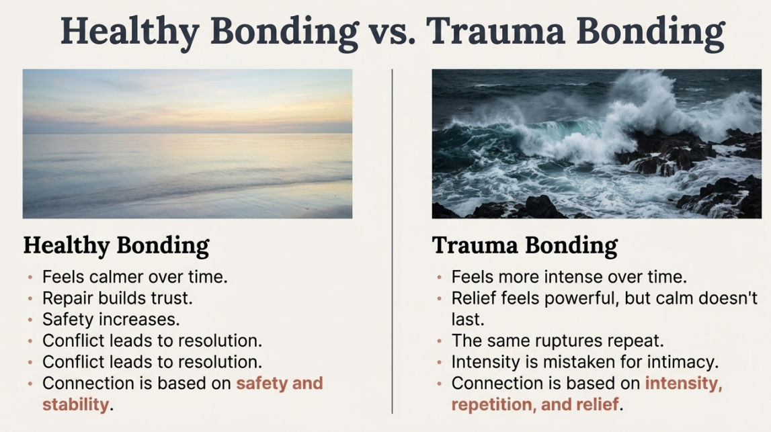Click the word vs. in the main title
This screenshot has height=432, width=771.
pos(391,32)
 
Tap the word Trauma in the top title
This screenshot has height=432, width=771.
pos(496,30)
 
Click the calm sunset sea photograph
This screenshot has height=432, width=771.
pos(188,144)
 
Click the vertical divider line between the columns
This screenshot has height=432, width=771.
pos(393,241)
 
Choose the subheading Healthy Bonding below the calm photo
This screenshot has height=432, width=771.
pos(116,246)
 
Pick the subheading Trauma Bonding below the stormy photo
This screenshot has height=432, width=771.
pos(525,245)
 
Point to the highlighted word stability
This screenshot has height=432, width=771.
pos(76,404)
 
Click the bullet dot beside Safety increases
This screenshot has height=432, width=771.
pos(30,320)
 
